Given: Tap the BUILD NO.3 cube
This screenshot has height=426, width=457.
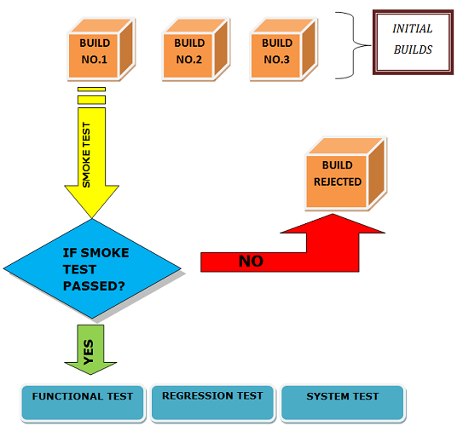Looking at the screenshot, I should tap(277, 52).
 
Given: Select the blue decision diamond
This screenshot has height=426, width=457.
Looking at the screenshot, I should tap(94, 268).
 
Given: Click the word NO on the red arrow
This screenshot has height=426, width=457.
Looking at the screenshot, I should tap(251, 262).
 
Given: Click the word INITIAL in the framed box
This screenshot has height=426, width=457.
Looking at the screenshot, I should tap(412, 29).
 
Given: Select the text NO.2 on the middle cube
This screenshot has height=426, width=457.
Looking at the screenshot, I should tap(188, 60).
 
